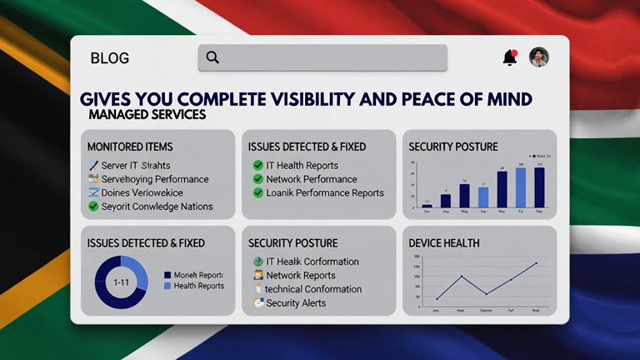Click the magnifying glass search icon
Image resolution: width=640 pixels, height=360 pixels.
click(x=212, y=57)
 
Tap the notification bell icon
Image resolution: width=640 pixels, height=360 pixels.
click(x=510, y=57)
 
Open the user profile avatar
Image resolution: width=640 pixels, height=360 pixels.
click(x=539, y=57)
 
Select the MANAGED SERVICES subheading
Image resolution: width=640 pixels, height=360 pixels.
click(x=146, y=114)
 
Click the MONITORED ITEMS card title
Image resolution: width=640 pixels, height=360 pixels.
click(x=130, y=147)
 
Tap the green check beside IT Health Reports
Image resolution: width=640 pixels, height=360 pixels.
click(x=258, y=166)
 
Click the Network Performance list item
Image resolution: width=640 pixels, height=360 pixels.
click(x=311, y=179)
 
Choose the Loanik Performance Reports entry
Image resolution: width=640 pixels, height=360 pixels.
click(x=324, y=192)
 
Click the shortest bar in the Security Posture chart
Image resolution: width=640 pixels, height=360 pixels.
click(x=427, y=205)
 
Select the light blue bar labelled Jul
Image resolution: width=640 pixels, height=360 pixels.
click(x=521, y=187)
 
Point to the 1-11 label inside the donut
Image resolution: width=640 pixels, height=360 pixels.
click(x=121, y=282)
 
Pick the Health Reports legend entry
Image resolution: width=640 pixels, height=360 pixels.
click(x=198, y=287)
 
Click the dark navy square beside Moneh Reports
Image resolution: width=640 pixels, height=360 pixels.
click(x=167, y=275)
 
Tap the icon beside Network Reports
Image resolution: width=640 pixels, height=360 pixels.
click(x=258, y=276)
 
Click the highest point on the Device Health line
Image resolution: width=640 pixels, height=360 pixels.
click(x=536, y=263)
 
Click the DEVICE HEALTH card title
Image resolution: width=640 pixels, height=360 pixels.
click(x=443, y=243)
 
